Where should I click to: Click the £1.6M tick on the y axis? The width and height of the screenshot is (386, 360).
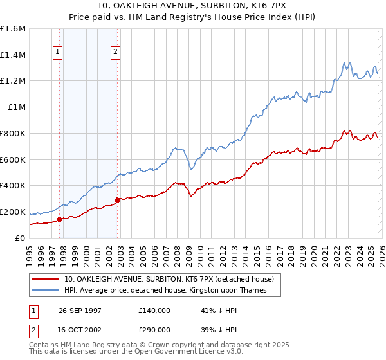tap(13, 29)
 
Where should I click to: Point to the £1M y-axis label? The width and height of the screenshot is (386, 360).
tap(15, 107)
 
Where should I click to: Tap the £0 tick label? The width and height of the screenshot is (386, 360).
tap(19, 238)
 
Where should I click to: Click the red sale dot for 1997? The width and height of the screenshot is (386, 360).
tap(60, 219)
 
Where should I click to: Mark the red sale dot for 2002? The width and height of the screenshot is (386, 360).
tap(117, 200)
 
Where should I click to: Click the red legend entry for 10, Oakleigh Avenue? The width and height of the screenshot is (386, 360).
tap(169, 279)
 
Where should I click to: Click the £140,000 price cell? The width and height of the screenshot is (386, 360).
tap(154, 310)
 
